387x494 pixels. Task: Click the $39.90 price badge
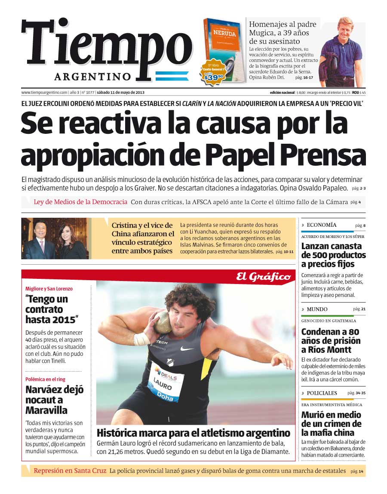214,77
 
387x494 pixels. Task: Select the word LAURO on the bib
163,383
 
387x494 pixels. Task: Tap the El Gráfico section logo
263,277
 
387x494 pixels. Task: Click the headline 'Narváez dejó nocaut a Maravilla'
54,400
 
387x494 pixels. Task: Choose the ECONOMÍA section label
322,225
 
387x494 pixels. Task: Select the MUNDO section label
317,309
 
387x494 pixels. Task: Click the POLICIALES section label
322,393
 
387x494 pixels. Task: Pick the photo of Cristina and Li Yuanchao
56,238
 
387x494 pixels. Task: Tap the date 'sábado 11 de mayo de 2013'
121,93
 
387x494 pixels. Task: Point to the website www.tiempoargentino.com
44,93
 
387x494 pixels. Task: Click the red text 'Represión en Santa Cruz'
70,471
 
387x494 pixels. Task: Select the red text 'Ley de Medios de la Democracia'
80,202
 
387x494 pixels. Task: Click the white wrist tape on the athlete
141,339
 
